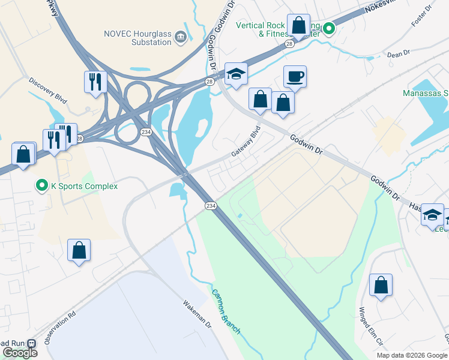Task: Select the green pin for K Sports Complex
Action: pyautogui.click(x=42, y=186)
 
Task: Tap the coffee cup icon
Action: pyautogui.click(x=295, y=76)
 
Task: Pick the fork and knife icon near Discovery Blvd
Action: pyautogui.click(x=95, y=82)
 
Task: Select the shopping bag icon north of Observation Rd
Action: pyautogui.click(x=79, y=250)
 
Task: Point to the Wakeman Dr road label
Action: pyautogui.click(x=197, y=314)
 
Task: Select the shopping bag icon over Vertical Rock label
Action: pyautogui.click(x=298, y=26)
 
